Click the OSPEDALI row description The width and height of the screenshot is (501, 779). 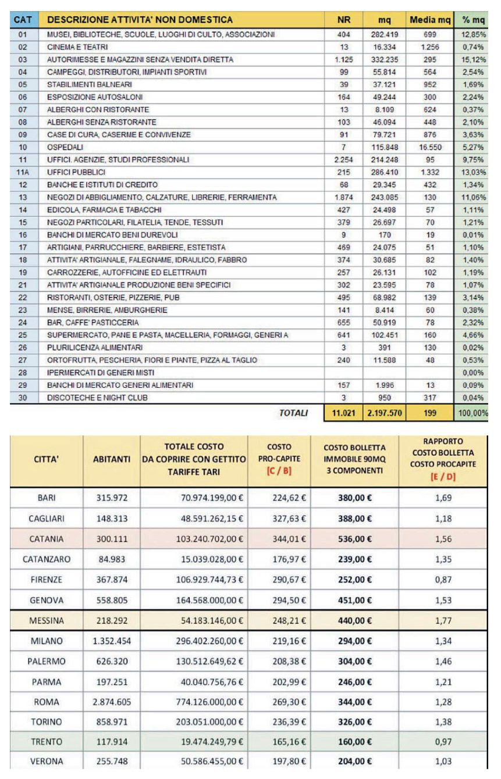coord(65,147)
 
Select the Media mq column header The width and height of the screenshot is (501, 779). coord(430,20)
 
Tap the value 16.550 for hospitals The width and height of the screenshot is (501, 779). coord(430,147)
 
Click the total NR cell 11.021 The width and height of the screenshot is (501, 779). coord(343,413)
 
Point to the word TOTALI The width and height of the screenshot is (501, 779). coord(293,413)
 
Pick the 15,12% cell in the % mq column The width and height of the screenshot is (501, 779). coord(474,59)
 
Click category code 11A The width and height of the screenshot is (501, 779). coord(23,172)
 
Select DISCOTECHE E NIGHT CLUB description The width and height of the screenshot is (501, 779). coord(97,398)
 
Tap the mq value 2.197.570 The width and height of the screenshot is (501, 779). coord(385,413)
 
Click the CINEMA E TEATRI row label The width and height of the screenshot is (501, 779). coord(77,47)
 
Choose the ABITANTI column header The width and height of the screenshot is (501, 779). coord(111,459)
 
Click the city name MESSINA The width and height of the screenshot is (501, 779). coord(47,620)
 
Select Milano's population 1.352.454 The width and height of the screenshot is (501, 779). coord(112,641)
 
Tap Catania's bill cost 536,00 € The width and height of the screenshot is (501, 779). coord(355,539)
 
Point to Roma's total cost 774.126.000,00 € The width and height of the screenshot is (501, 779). coord(209,702)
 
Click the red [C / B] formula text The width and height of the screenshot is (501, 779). coord(279,471)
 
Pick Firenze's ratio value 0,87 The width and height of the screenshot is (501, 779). coord(443,580)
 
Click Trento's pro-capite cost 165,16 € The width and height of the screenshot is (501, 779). coord(289,742)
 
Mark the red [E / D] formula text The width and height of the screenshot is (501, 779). coord(443,477)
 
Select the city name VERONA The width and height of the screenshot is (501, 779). coord(47,761)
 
